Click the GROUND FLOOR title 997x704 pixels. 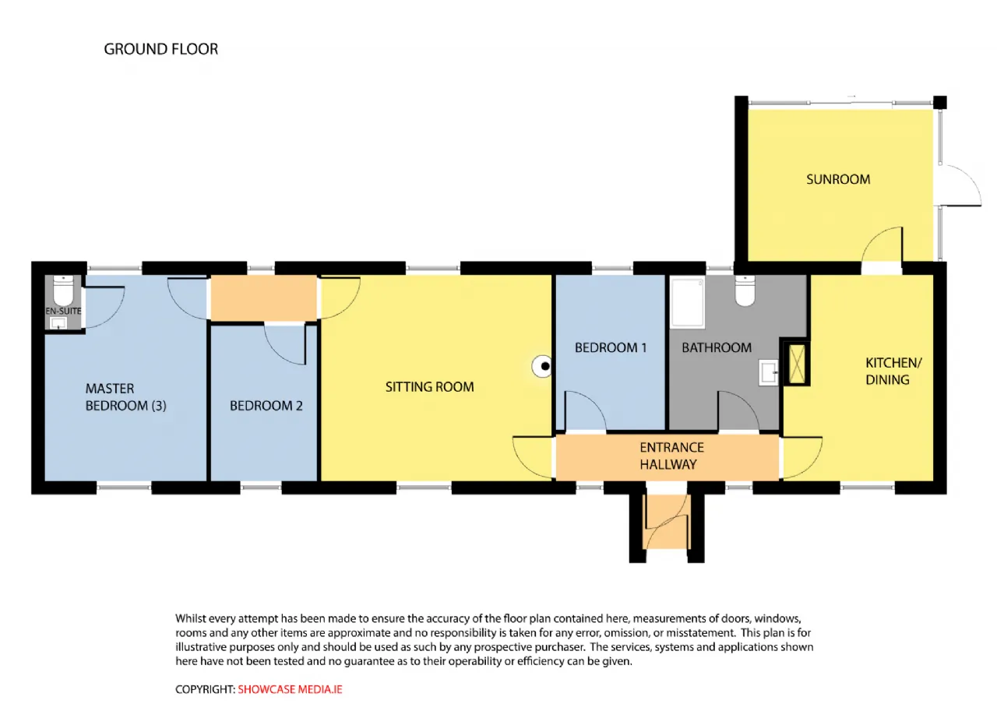pos(161,49)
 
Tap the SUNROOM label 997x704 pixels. pos(838,179)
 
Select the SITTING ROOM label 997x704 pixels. pos(429,387)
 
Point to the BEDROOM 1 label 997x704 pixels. pos(610,347)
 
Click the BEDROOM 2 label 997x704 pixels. pos(266,406)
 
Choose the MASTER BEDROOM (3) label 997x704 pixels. pos(125,397)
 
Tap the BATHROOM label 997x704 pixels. pos(717,347)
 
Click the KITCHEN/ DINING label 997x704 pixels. pos(893,371)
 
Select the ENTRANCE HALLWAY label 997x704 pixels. pos(671,456)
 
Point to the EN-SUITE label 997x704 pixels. pos(63,311)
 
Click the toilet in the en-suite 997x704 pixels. pos(63,290)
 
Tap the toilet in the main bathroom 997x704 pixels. pos(745,290)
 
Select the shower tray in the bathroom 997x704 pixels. pos(688,303)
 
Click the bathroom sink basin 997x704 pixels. pos(769,373)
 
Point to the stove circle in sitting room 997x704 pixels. pos(543,366)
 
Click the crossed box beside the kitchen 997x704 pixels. pos(797,364)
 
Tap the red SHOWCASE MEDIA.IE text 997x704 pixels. pos(290,689)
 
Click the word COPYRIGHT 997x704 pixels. pos(205,689)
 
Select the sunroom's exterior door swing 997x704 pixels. pos(961,185)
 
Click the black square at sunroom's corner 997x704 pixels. pos(940,102)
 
